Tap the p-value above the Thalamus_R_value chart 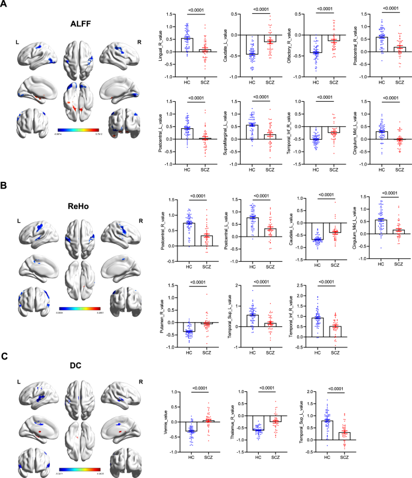(268, 388)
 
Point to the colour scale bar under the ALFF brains (79, 129)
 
